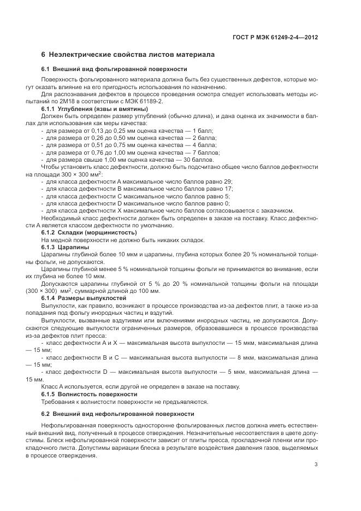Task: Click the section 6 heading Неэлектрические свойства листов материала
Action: coord(128,55)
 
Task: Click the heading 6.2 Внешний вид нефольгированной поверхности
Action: coord(118,414)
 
